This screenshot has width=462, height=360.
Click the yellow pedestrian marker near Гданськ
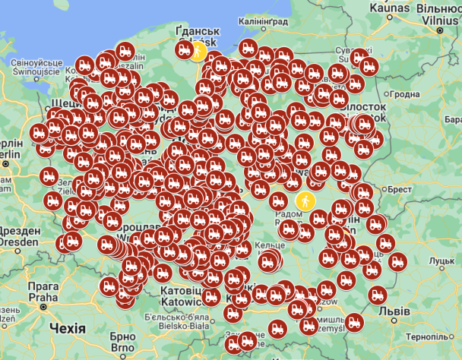click(x=198, y=51)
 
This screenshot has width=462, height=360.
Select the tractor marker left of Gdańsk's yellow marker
click(x=183, y=49)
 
